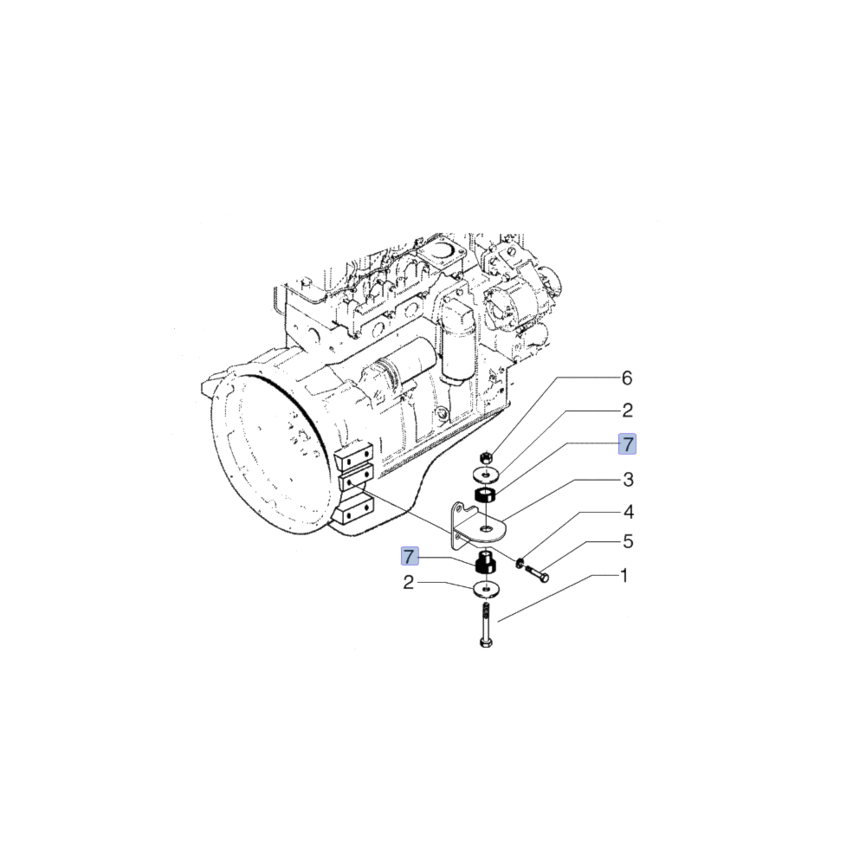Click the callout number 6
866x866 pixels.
627,378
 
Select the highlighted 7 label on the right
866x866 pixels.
627,444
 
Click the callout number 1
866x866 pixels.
623,576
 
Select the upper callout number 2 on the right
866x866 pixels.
627,410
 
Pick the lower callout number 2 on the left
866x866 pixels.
410,583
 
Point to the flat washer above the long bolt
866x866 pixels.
487,590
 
